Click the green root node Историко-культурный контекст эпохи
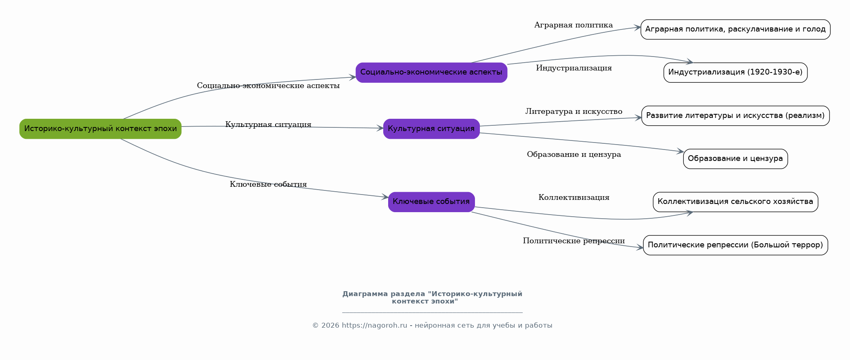click(100, 129)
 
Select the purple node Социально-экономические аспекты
click(431, 72)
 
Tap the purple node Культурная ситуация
click(431, 129)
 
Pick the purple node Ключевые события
click(431, 202)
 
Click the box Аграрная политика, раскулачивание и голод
click(735, 29)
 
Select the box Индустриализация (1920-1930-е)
click(735, 72)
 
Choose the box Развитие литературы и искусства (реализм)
click(735, 116)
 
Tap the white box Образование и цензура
click(735, 159)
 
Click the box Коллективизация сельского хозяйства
click(735, 202)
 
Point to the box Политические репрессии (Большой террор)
click(735, 245)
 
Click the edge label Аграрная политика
click(574, 25)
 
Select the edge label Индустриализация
click(574, 68)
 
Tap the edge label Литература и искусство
click(574, 111)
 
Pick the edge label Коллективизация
click(574, 198)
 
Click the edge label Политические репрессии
click(574, 241)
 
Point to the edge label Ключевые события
click(268, 184)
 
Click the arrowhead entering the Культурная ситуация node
click(380, 128)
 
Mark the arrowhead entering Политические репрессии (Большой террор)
click(640, 247)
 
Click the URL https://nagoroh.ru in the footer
click(374, 326)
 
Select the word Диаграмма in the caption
click(365, 294)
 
